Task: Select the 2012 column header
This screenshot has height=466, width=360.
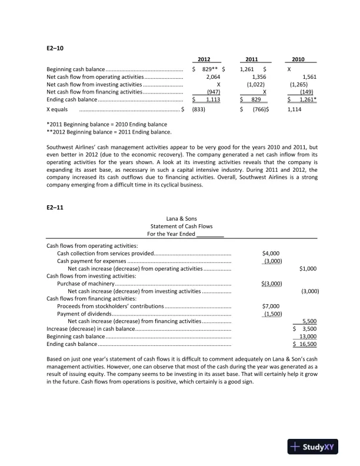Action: click(204, 59)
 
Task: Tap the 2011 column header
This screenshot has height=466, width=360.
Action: click(251, 59)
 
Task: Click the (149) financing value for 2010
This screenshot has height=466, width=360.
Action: click(306, 92)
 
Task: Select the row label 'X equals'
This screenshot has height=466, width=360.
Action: click(57, 109)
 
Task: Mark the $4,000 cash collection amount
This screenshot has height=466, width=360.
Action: click(271, 253)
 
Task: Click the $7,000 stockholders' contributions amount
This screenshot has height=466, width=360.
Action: click(271, 306)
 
